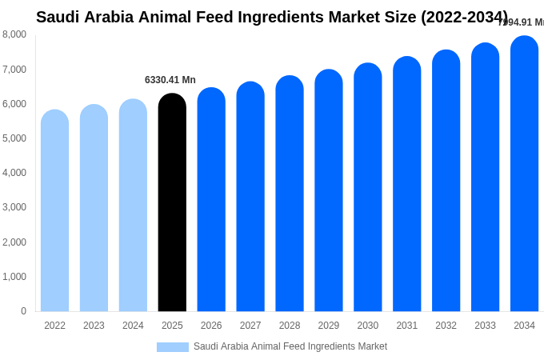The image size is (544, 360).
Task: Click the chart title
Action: (272, 17)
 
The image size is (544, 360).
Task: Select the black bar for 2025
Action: (172, 204)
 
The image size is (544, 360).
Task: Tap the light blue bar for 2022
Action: (54, 212)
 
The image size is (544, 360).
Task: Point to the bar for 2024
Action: (133, 206)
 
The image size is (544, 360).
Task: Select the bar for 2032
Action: (446, 182)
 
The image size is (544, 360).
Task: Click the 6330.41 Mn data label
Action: (170, 80)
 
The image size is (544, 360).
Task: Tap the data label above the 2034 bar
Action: (522, 22)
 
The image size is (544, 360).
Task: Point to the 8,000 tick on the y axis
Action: (14, 34)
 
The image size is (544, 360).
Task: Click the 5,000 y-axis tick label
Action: (14, 138)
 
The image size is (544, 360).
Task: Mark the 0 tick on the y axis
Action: (23, 311)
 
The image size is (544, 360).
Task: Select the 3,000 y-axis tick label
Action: (14, 207)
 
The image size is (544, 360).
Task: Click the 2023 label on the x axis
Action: (94, 326)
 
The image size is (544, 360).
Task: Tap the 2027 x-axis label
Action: (250, 326)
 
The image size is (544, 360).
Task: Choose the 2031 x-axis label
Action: (406, 326)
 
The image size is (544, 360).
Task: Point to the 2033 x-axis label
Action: (485, 326)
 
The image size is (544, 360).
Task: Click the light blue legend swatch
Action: (173, 347)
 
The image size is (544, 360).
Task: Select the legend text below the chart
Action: (290, 346)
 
